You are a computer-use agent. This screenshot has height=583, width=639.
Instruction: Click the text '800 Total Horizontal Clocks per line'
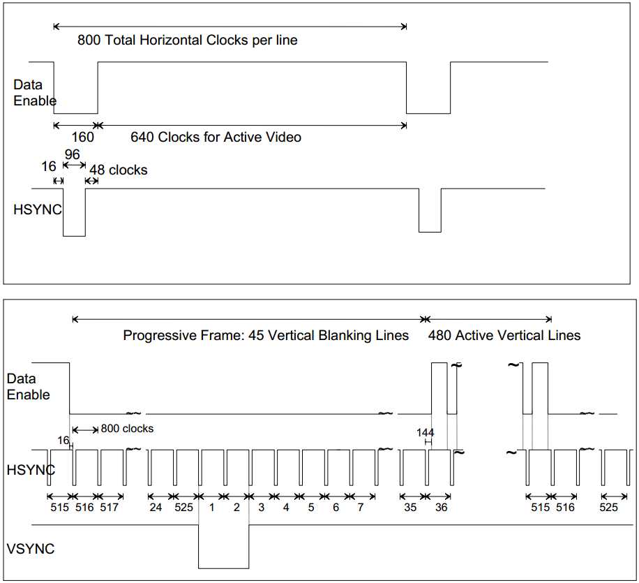pos(188,40)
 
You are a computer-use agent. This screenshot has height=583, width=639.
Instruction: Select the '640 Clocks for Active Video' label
pos(216,138)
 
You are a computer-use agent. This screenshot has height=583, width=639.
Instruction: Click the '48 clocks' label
pos(119,170)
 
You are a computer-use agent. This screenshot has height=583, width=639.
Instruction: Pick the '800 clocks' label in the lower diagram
pos(127,428)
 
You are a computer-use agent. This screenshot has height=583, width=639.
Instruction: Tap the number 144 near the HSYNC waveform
pos(425,433)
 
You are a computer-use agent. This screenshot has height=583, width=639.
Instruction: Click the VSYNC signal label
pos(30,549)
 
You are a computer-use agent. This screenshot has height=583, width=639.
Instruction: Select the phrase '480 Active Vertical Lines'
pos(504,336)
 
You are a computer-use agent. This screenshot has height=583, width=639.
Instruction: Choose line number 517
pos(110,508)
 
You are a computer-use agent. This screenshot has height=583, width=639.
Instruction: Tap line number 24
pos(156,508)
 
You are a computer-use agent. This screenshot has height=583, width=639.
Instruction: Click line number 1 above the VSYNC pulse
pos(211,508)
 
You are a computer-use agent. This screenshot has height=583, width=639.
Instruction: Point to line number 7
pos(361,508)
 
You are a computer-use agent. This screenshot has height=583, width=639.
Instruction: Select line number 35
pos(410,508)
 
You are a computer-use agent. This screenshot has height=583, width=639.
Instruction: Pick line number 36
pos(441,508)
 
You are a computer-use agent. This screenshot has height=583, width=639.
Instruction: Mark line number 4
pos(286,508)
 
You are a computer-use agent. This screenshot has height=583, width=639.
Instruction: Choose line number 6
pos(336,508)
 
